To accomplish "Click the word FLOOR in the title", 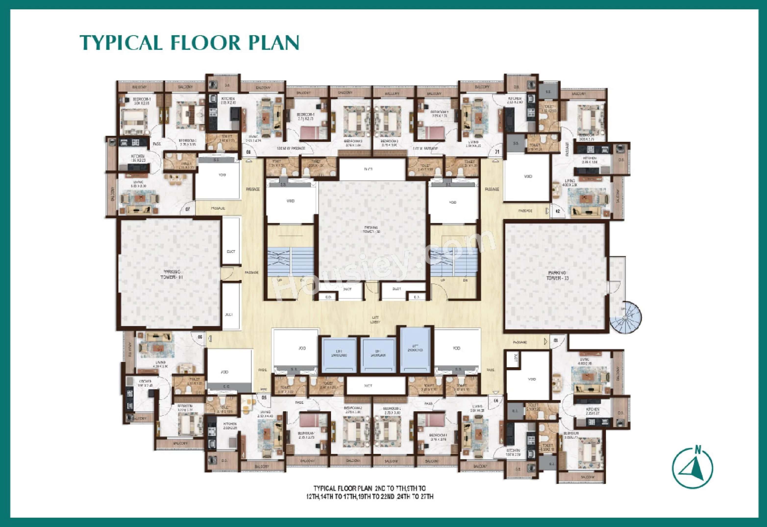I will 205,43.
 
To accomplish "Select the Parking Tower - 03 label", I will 557,276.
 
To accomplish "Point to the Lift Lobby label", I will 375,319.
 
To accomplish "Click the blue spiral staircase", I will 625,318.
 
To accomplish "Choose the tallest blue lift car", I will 416,349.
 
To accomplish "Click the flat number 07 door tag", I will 188,209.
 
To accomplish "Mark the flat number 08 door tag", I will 248,152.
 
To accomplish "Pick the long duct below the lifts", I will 376,386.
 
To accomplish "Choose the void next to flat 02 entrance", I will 528,177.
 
